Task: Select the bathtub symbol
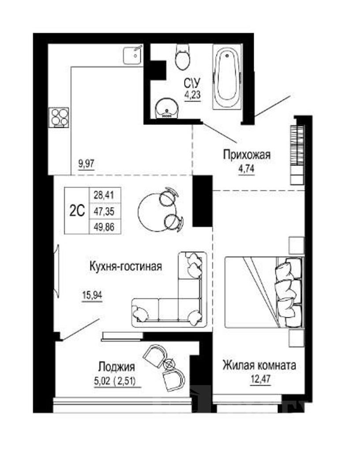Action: pyautogui.click(x=227, y=77)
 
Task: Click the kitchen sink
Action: pyautogui.click(x=132, y=55)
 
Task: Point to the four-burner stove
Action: pyautogui.click(x=59, y=117)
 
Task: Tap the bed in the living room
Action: pyautogui.click(x=264, y=292)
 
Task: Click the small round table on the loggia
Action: pyautogui.click(x=169, y=364)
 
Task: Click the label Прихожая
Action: pyautogui.click(x=247, y=155)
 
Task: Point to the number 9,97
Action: pyautogui.click(x=86, y=164)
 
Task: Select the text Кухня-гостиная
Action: pyautogui.click(x=126, y=266)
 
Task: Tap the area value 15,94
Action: pyautogui.click(x=92, y=295)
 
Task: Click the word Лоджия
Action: pyautogui.click(x=116, y=367)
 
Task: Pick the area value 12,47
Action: pyautogui.click(x=261, y=378)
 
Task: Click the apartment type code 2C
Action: pyautogui.click(x=77, y=211)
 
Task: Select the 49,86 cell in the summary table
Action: pyautogui.click(x=104, y=227)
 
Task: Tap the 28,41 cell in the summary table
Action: pyautogui.click(x=104, y=195)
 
